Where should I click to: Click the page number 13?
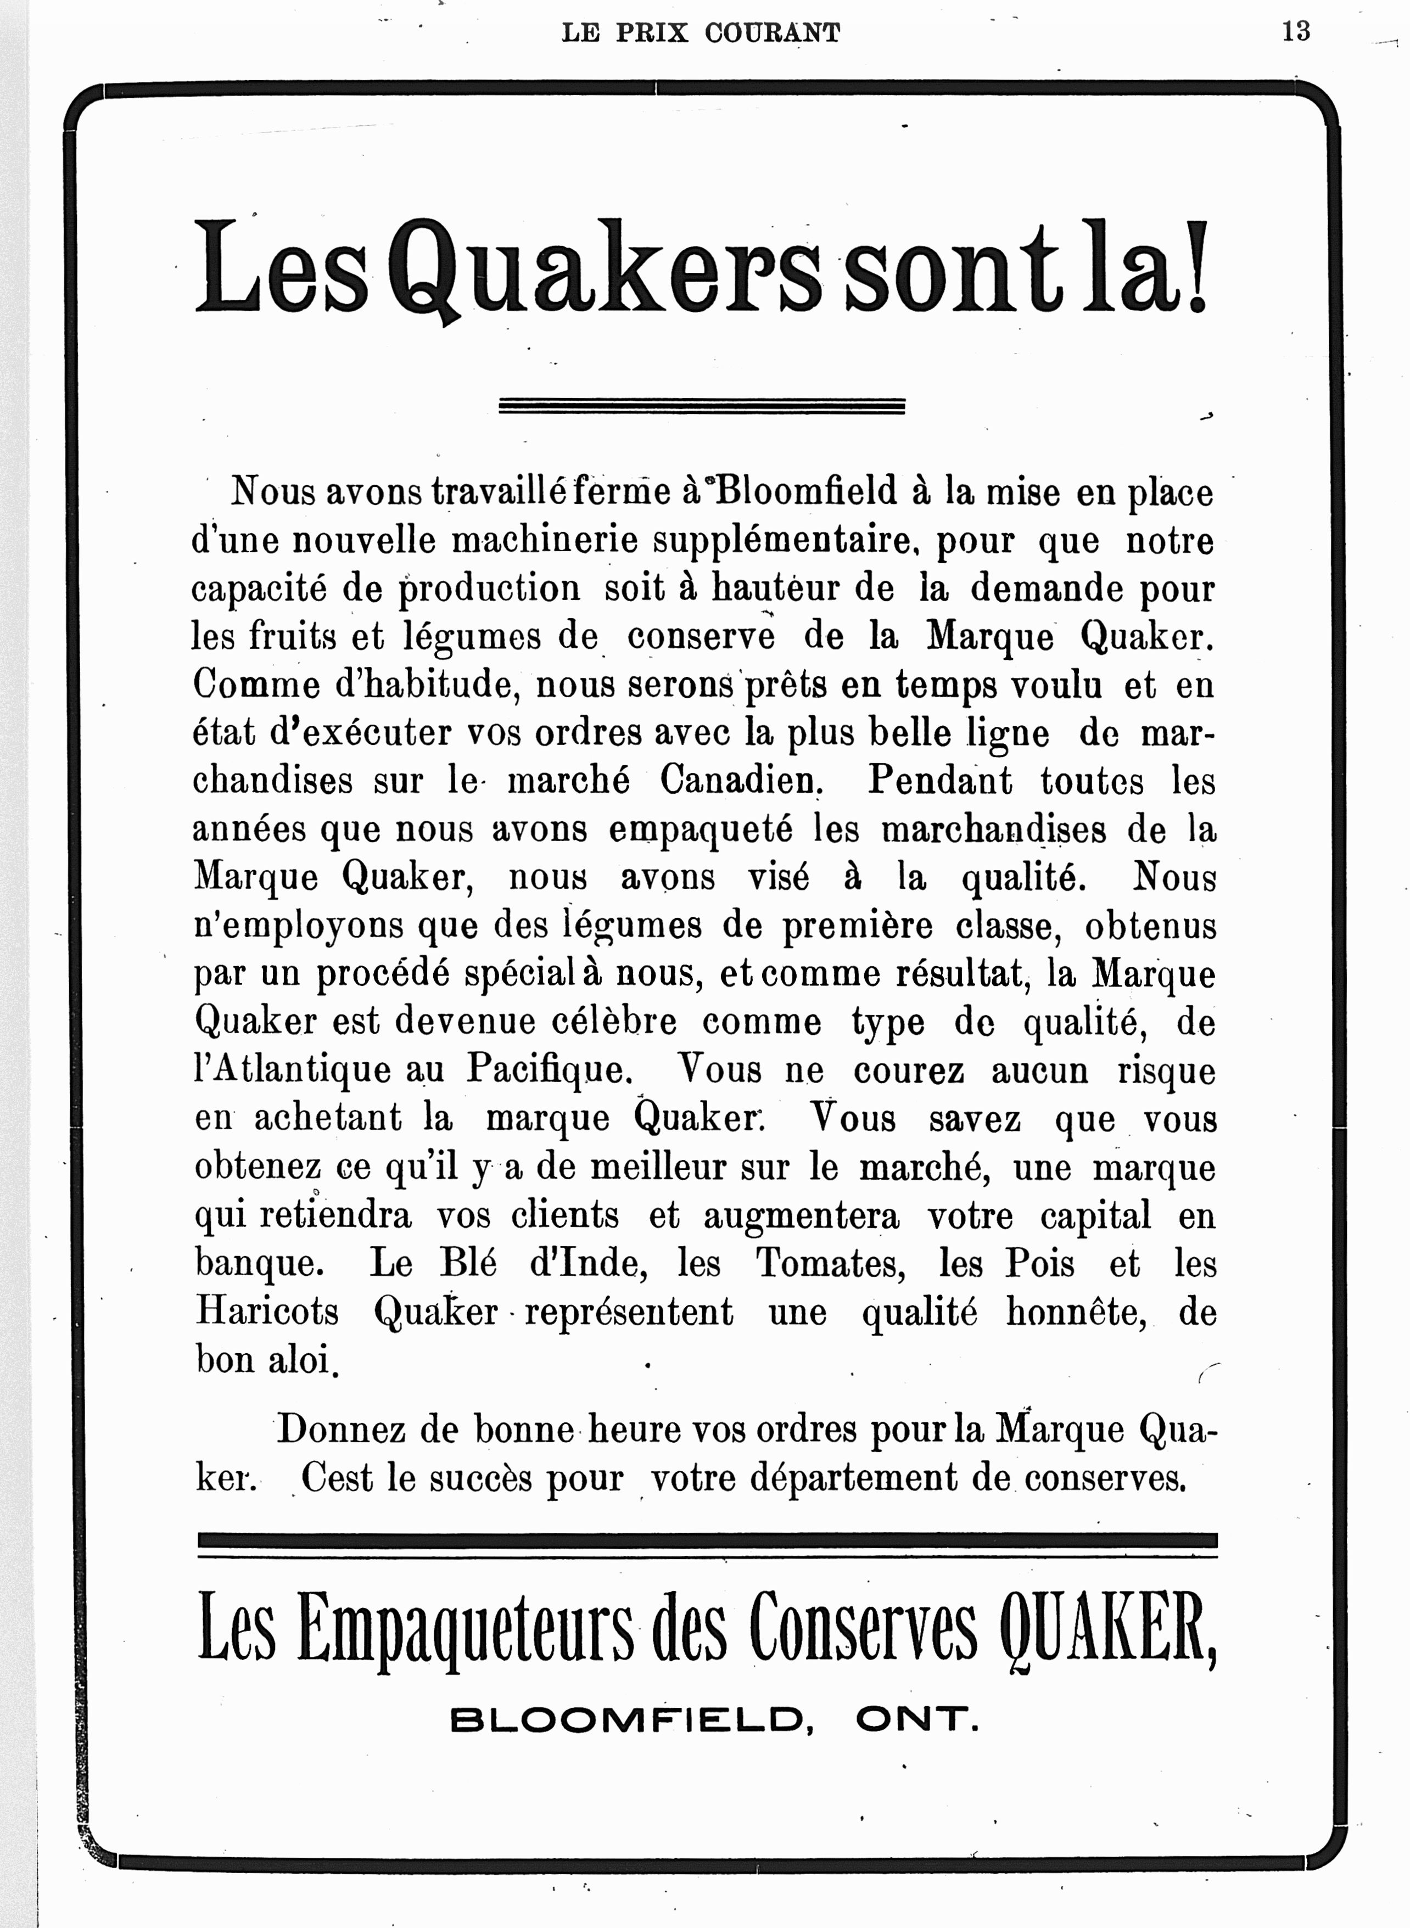[1295, 32]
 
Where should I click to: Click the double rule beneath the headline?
[701, 406]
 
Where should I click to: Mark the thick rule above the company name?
[707, 1540]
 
